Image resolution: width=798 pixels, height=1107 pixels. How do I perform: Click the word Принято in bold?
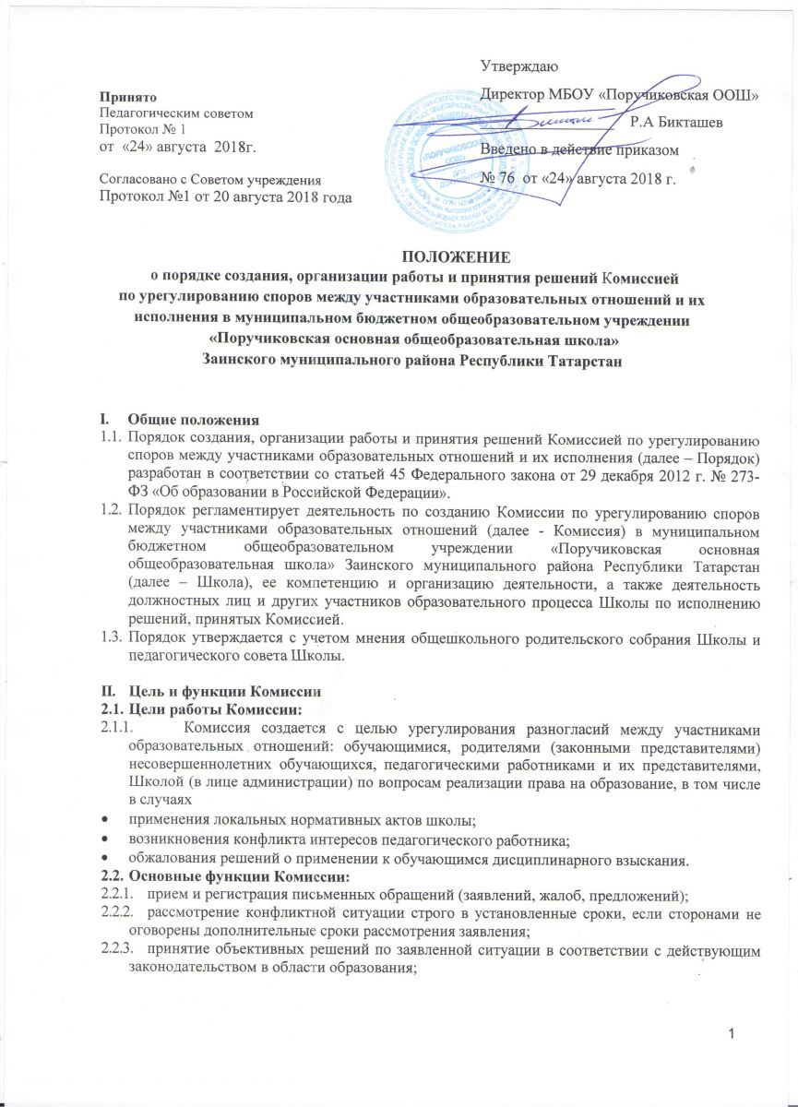coord(128,97)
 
